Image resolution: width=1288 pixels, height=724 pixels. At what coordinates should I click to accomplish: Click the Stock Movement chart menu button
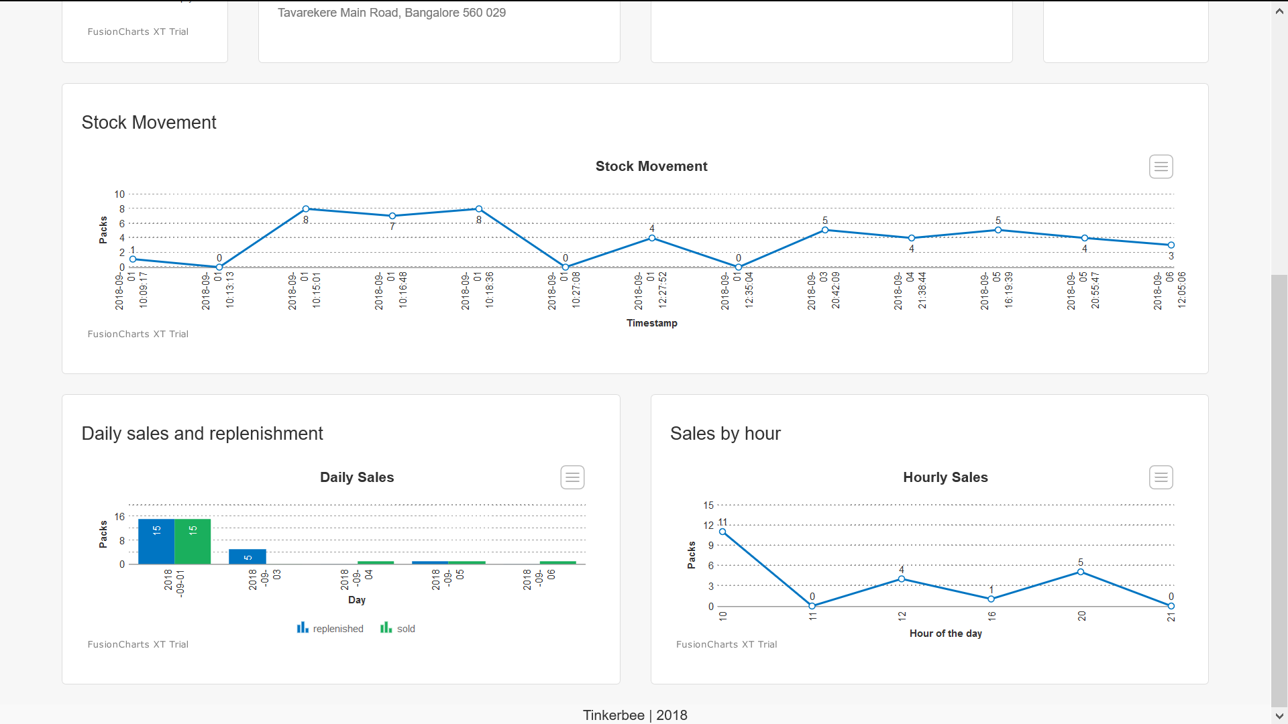[x=1161, y=166]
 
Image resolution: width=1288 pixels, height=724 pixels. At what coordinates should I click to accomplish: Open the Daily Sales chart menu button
[x=572, y=477]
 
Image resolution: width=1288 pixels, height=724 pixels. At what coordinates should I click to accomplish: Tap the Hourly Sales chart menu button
[x=1161, y=477]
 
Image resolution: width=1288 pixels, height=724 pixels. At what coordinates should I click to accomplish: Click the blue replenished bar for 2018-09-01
[x=156, y=542]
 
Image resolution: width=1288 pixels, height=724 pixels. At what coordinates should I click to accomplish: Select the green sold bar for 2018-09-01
[x=193, y=542]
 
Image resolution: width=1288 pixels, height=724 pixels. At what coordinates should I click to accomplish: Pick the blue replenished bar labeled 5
[x=248, y=556]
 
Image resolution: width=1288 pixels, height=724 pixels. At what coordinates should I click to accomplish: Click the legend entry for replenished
[x=331, y=628]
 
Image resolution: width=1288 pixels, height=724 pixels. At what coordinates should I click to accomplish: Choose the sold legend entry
[x=398, y=628]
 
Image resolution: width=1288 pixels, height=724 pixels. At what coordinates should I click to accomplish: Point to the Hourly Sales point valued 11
[x=722, y=532]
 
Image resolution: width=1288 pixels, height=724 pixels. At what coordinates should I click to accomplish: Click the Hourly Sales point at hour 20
[x=1081, y=572]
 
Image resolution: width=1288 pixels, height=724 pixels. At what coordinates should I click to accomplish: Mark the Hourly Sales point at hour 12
[x=902, y=579]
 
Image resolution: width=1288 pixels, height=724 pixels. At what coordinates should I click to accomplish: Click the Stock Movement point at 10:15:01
[x=306, y=209]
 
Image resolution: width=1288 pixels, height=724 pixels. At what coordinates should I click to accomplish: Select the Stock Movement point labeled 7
[x=392, y=216]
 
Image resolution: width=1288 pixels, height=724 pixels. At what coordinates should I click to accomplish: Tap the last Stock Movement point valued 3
[x=1171, y=245]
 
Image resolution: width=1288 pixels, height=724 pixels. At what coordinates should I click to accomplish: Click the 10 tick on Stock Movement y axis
[x=119, y=194]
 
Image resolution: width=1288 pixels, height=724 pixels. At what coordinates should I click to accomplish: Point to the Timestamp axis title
[x=651, y=323]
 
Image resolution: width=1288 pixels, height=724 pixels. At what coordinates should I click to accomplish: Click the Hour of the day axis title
[x=945, y=633]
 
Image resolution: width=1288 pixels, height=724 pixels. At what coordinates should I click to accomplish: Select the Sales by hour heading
[x=725, y=434]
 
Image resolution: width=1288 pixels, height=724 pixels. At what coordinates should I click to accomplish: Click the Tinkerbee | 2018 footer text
[x=635, y=715]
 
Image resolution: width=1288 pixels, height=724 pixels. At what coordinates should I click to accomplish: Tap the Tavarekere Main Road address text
[x=392, y=13]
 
